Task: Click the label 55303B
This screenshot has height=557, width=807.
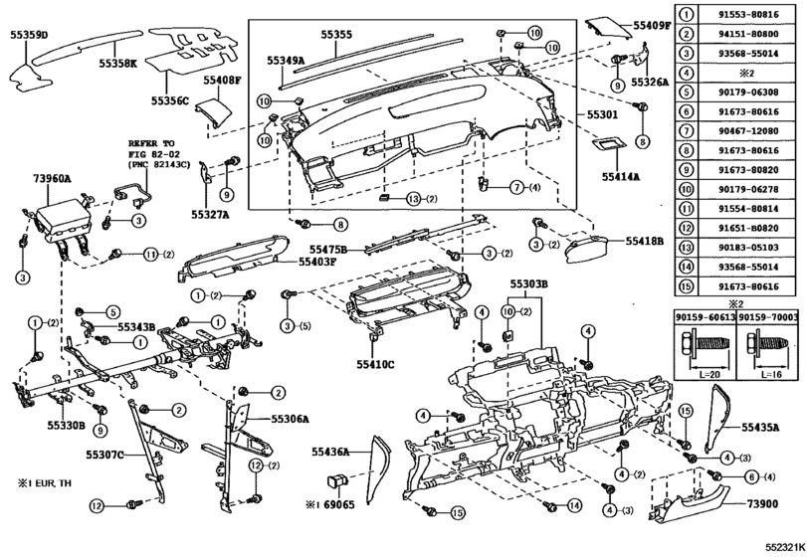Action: pos(530,284)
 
